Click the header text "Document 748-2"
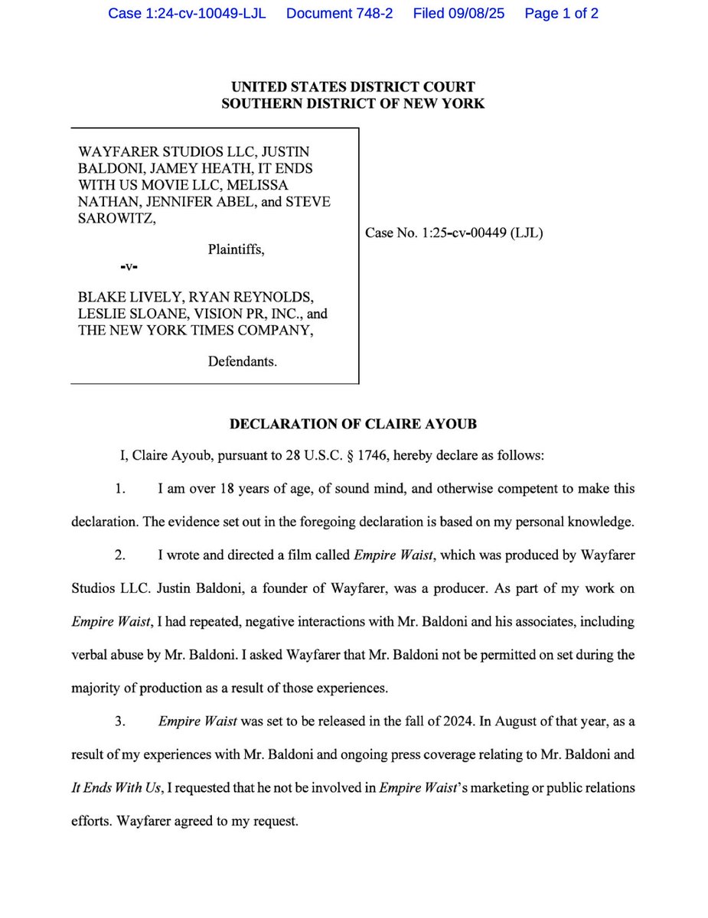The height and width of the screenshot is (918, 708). (339, 14)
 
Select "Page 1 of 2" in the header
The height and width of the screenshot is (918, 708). (562, 14)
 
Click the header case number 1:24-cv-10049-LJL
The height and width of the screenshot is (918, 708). (187, 14)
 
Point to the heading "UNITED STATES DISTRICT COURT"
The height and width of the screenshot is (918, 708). (353, 87)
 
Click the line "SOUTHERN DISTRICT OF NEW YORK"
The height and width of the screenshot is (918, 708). (353, 103)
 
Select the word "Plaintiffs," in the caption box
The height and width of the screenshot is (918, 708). (237, 249)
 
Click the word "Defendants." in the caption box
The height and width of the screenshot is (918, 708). (243, 361)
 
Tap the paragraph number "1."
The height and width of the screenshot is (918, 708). (119, 488)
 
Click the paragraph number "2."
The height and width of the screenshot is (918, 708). (119, 555)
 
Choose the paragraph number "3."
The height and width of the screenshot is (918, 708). (119, 721)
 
